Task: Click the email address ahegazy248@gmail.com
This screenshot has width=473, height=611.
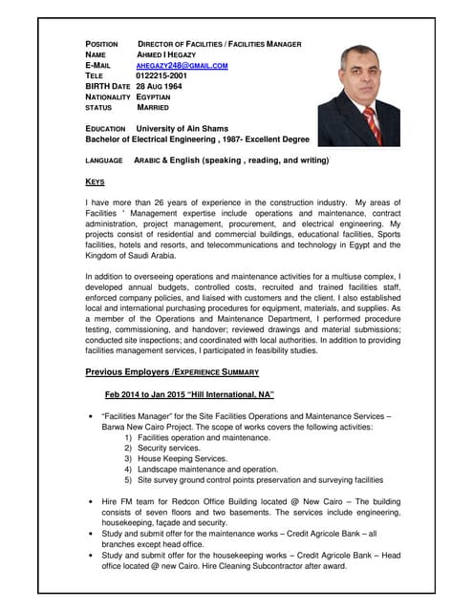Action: pos(183,65)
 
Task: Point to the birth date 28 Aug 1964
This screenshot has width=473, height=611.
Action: pos(159,86)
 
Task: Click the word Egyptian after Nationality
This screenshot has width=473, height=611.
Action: pos(158,96)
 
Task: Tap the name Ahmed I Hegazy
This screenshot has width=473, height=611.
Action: pos(167,54)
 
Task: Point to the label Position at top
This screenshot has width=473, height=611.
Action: pos(101,44)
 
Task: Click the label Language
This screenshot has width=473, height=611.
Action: pos(104,160)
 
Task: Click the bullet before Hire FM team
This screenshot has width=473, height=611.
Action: pos(90,501)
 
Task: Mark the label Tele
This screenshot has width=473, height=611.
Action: pos(95,75)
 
